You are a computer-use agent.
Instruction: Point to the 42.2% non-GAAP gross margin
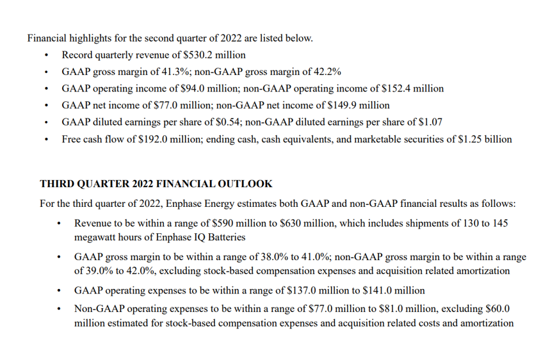point(327,72)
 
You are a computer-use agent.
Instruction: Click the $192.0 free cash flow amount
point(153,138)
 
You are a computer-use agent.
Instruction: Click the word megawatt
point(95,236)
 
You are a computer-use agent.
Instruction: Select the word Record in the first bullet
point(77,55)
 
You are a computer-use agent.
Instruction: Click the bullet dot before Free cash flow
point(47,139)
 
